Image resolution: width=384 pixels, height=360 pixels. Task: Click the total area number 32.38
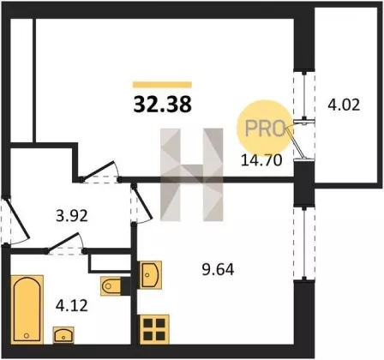(162, 104)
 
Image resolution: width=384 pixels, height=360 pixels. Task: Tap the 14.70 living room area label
(261, 160)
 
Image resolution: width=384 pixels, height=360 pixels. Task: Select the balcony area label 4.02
(344, 105)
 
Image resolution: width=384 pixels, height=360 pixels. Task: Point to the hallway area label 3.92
(72, 216)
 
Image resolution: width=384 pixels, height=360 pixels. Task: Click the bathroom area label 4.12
(71, 306)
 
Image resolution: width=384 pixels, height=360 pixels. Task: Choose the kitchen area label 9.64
(218, 269)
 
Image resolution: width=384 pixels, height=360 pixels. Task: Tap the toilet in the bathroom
(111, 285)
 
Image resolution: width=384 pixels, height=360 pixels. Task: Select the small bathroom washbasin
(63, 335)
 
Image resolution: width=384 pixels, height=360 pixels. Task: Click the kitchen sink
(150, 274)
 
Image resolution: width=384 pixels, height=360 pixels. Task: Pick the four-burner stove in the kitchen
(154, 329)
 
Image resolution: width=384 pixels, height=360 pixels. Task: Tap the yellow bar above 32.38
(162, 85)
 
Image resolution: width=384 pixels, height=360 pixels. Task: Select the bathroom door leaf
(63, 243)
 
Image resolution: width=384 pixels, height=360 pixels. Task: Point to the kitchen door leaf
(142, 202)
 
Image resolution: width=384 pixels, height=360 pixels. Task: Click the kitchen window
(304, 243)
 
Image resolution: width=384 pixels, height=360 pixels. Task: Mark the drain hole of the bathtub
(27, 335)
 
